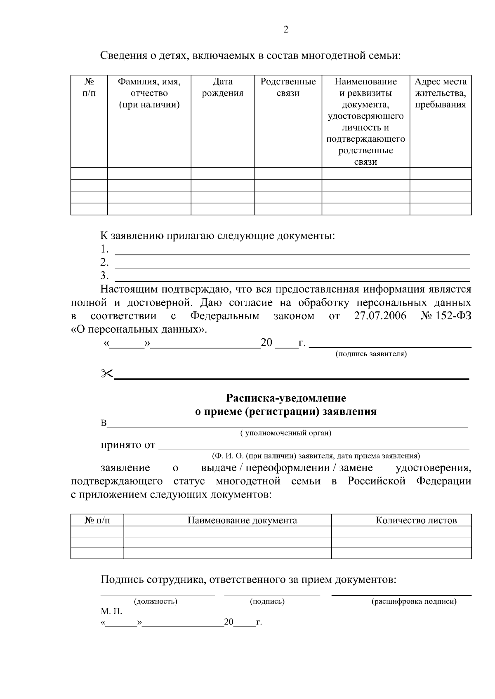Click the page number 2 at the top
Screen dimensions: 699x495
286,30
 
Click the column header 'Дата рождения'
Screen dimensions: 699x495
222,87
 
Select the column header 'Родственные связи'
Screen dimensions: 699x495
288,87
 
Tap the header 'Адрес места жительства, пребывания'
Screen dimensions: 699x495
441,93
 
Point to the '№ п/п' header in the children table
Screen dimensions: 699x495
89,87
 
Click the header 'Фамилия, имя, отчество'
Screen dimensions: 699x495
149,93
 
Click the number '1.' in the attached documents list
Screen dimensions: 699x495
104,249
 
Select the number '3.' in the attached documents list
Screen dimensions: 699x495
104,275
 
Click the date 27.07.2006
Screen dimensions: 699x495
380,316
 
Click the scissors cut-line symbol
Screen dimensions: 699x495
107,373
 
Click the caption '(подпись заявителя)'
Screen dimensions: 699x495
371,354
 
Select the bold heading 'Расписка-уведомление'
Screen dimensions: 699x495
286,398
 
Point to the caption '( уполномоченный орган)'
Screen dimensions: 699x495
286,433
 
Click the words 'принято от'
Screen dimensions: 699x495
128,445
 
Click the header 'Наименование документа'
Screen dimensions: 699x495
242,520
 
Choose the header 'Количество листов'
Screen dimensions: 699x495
416,520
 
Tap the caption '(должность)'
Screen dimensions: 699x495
156,601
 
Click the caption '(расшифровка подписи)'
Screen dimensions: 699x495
414,601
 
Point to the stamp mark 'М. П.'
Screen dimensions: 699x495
111,612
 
